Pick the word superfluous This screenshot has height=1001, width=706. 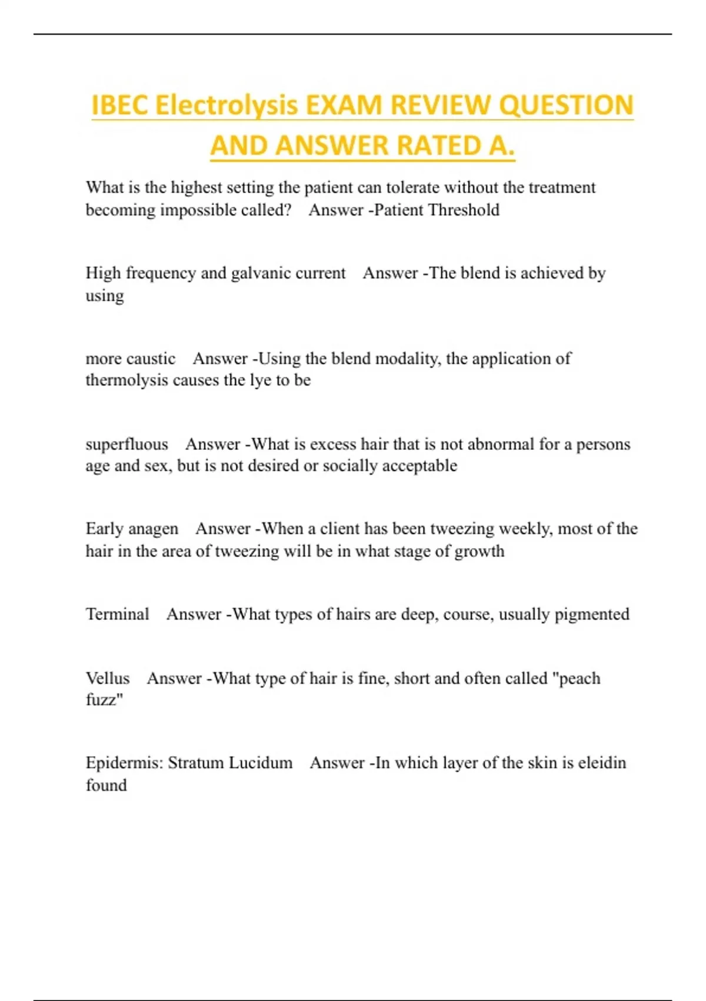[x=126, y=444]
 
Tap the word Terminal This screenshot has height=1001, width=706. [x=118, y=614]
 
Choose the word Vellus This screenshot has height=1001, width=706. [x=108, y=678]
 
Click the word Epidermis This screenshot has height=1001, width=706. [x=124, y=763]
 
